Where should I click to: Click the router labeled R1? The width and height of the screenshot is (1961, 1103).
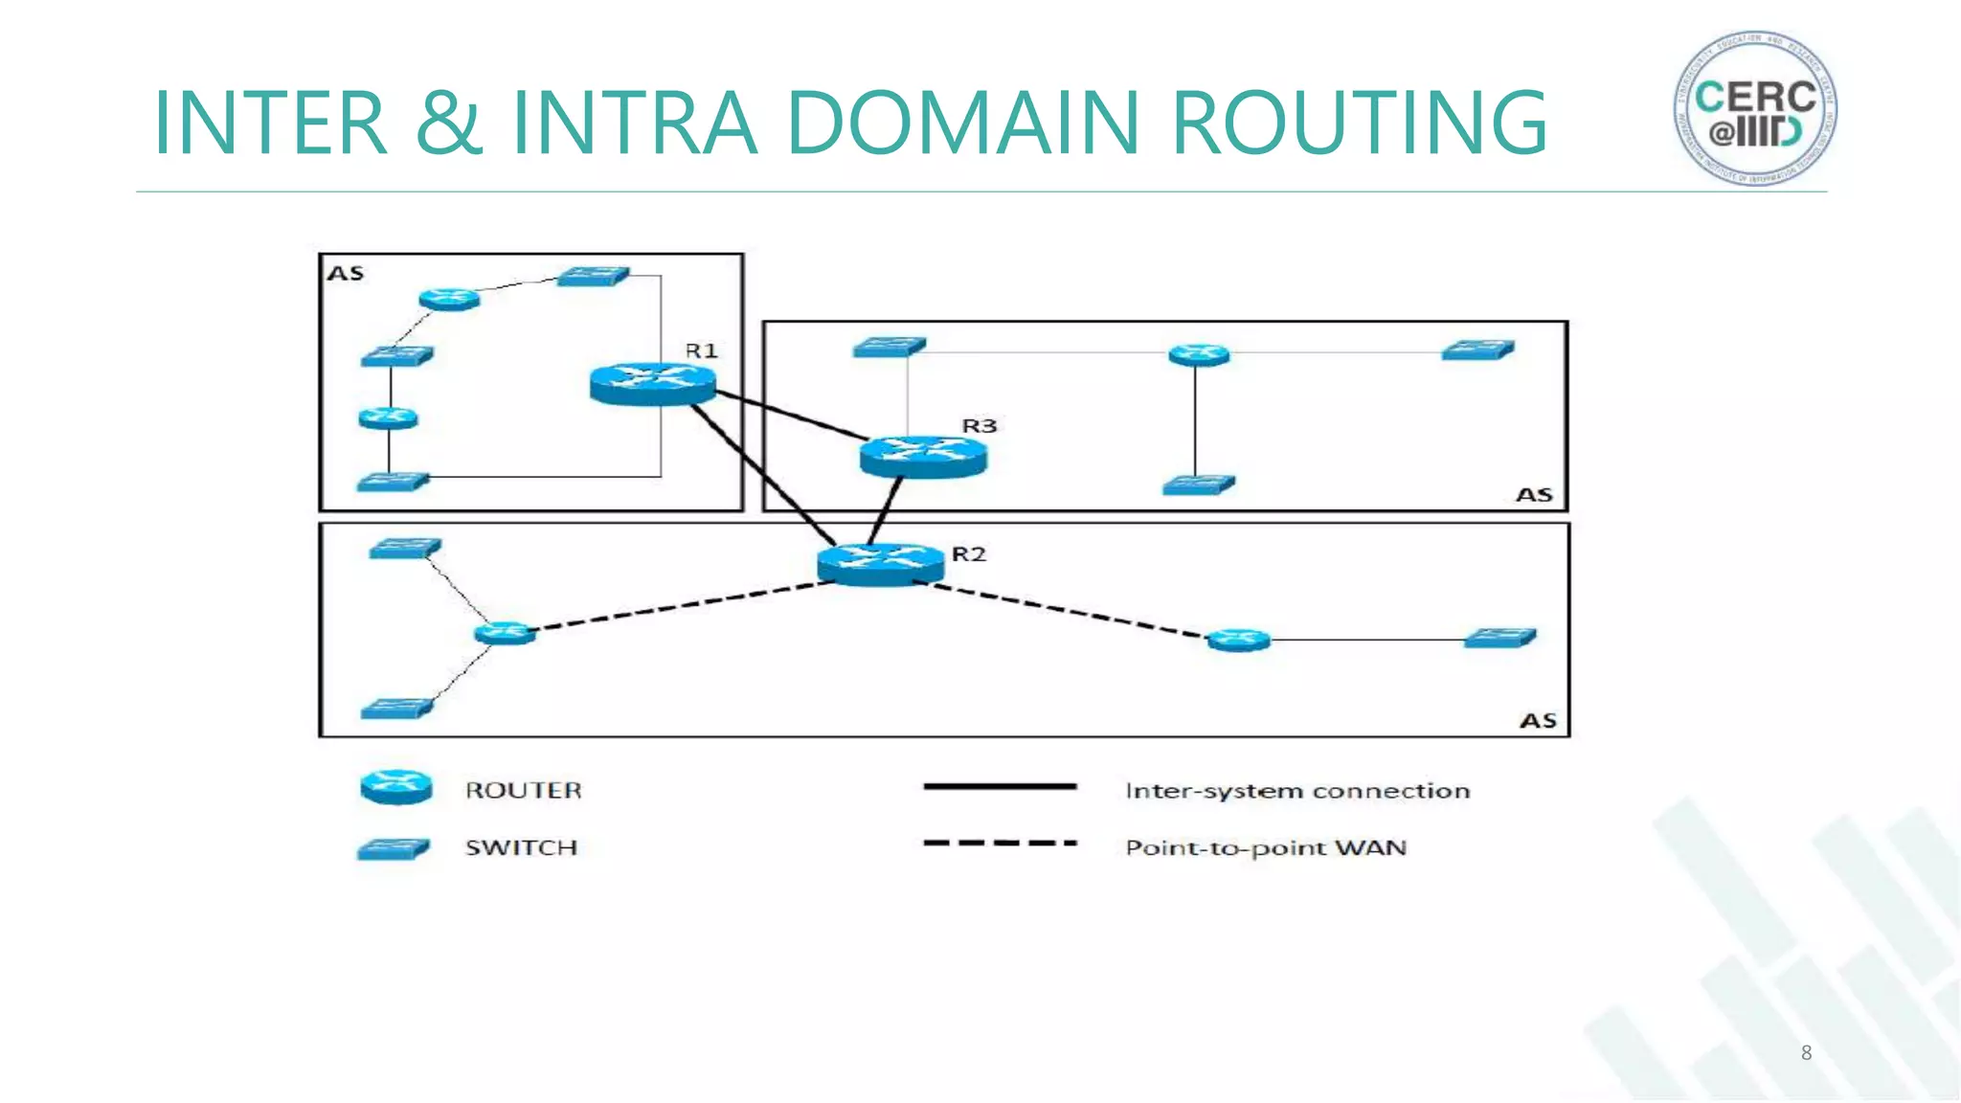click(652, 383)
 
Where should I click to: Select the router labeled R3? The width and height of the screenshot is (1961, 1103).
click(922, 457)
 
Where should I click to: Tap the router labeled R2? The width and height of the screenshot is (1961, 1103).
click(879, 563)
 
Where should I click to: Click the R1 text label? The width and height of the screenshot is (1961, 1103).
click(701, 351)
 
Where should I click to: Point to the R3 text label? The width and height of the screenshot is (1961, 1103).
click(979, 426)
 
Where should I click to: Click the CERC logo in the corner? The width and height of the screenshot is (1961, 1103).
click(1755, 108)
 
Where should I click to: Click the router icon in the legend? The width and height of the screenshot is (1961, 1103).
click(395, 787)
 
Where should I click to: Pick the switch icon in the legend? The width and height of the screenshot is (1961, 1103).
click(394, 848)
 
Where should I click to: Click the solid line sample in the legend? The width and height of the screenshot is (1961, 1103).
click(1000, 787)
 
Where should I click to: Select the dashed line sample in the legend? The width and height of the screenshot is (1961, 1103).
click(1000, 844)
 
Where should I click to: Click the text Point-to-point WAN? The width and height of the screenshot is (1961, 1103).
click(1265, 848)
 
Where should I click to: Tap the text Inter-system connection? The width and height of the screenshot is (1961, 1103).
click(1296, 791)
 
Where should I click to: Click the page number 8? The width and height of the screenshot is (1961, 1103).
click(1806, 1053)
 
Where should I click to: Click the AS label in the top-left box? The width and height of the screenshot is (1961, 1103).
click(346, 274)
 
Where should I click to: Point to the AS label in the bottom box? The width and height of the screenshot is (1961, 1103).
click(1538, 720)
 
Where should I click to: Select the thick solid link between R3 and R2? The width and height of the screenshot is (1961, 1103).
click(886, 510)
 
